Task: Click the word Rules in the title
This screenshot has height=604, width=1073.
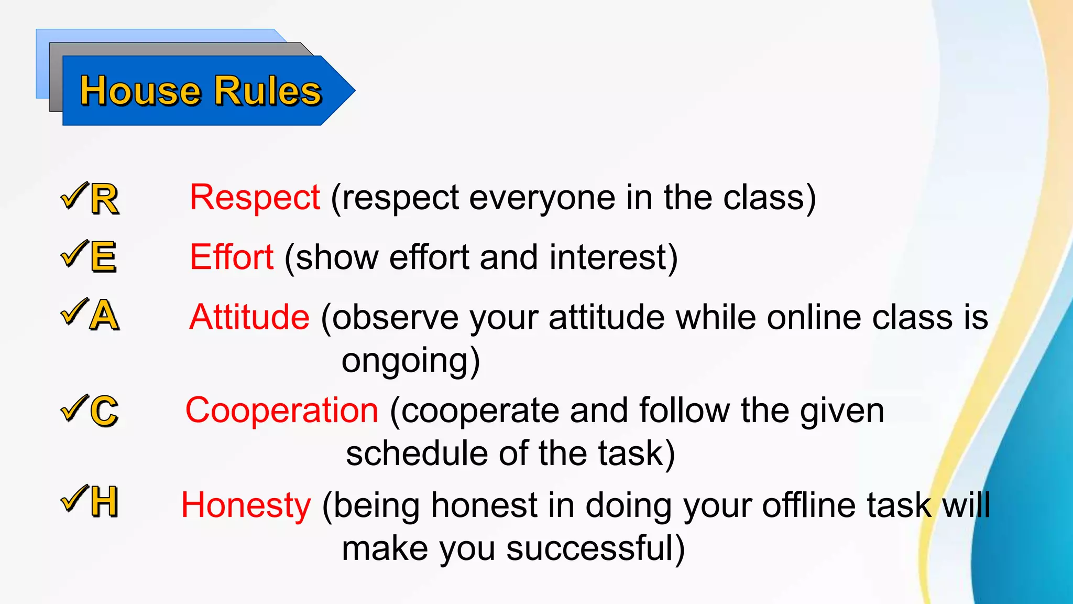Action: (268, 91)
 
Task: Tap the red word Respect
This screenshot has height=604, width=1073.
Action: (255, 198)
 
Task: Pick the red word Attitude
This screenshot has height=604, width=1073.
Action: (249, 317)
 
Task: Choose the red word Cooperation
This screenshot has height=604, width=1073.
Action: (282, 410)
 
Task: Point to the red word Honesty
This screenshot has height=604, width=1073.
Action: (246, 505)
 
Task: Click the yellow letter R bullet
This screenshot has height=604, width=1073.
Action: (104, 199)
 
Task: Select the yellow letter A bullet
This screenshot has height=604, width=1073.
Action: (104, 316)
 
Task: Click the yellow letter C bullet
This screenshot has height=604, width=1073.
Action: (104, 411)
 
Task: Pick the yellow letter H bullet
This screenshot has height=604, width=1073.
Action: (104, 502)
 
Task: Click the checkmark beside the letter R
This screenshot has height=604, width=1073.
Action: (74, 196)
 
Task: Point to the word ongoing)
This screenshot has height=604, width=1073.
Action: (411, 361)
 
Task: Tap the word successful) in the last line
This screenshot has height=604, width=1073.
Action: (595, 549)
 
